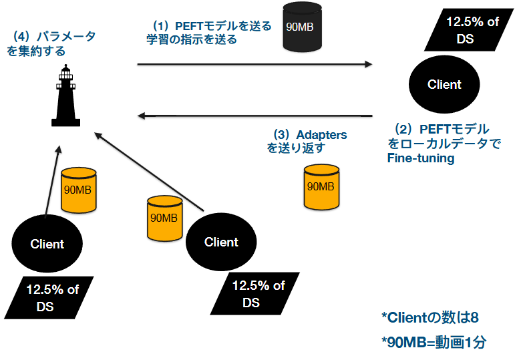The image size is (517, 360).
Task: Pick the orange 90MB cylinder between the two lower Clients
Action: (x=164, y=217)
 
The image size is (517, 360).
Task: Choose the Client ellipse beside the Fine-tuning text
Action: (x=444, y=85)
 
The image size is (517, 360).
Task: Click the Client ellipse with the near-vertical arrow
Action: (x=47, y=244)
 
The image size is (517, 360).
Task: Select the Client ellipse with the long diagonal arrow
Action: (x=221, y=242)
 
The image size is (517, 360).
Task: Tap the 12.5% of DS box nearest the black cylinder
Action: (x=468, y=30)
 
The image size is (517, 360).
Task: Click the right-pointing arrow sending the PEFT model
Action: (x=254, y=64)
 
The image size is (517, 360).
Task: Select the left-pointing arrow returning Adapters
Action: (x=254, y=116)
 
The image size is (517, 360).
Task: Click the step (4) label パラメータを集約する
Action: (x=51, y=43)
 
